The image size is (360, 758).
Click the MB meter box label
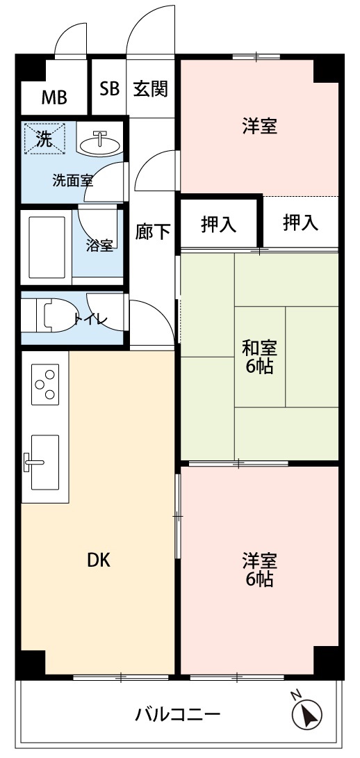[54, 97]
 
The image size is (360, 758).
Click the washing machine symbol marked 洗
[44, 139]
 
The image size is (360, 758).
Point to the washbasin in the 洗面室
[100, 143]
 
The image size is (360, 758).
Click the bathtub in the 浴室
[47, 248]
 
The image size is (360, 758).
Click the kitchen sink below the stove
[45, 462]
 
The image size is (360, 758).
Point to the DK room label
[99, 560]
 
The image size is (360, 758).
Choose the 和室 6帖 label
[259, 357]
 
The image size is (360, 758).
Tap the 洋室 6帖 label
[259, 570]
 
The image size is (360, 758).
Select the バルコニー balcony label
[178, 713]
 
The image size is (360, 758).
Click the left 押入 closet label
[219, 225]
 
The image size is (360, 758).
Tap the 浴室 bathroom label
[99, 245]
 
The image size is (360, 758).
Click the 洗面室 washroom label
[72, 182]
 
